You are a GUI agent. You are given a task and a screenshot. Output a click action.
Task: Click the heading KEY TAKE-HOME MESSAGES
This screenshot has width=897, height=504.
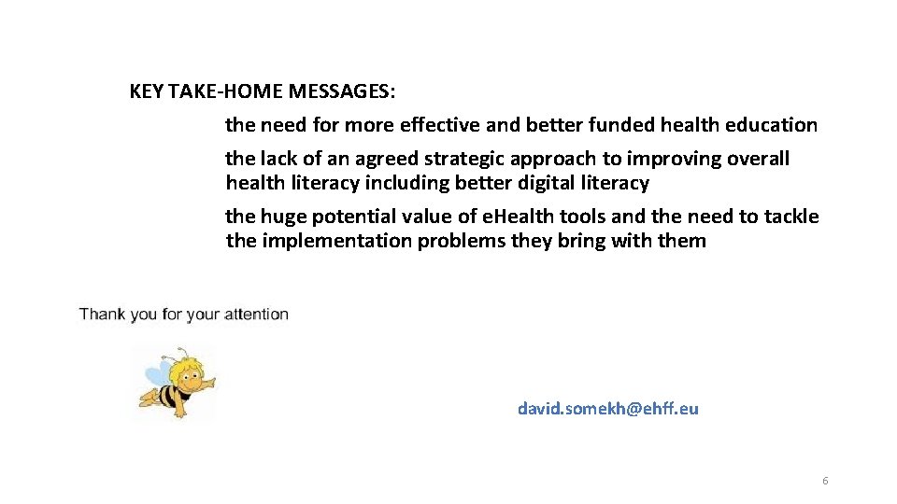pos(262,91)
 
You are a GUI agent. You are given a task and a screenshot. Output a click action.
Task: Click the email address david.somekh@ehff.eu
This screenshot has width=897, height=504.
pos(607,409)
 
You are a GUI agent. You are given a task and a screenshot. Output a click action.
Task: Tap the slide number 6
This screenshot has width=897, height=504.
pos(825,481)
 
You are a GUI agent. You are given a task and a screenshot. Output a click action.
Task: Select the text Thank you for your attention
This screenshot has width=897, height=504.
pos(184,314)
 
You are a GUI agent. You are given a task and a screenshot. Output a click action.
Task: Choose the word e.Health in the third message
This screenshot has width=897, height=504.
pos(519,217)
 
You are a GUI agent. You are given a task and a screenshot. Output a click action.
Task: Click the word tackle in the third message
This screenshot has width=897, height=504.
pos(790,217)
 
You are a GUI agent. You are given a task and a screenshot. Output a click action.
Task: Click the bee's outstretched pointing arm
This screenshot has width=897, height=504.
pos(206,383)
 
